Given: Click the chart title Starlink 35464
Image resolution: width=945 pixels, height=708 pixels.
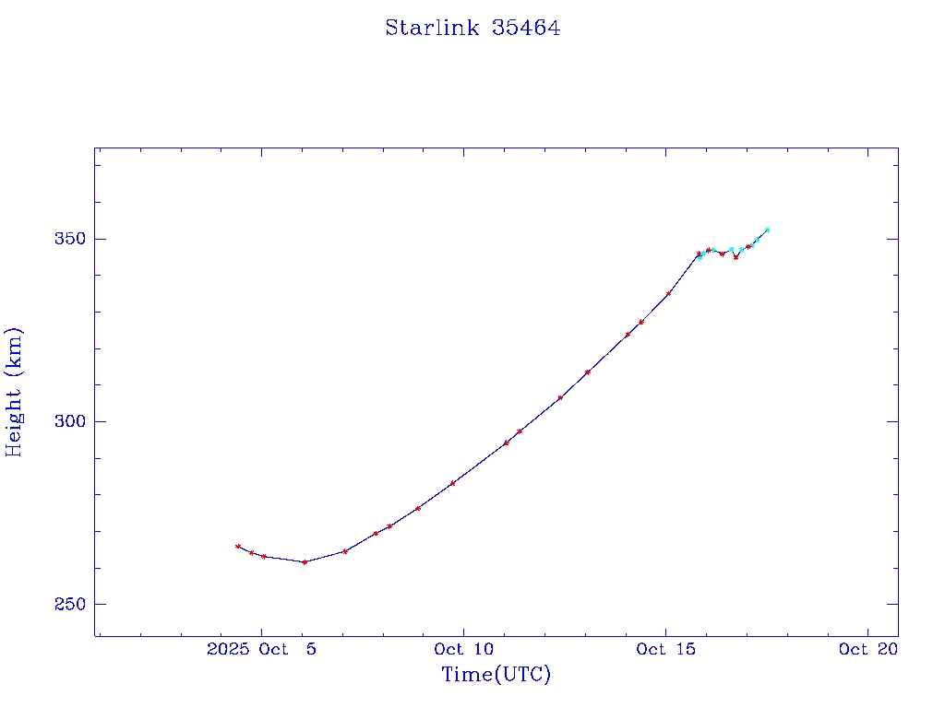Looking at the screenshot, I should click(472, 28).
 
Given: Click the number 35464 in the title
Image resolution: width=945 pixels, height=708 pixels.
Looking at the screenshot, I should click(526, 28).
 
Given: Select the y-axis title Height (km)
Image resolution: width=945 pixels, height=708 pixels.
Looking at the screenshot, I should click(15, 391).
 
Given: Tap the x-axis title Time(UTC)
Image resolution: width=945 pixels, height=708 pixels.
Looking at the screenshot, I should click(496, 675).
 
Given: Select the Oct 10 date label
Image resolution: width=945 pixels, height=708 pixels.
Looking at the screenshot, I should click(464, 649).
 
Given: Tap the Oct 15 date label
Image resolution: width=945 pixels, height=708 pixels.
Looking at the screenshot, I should click(665, 649).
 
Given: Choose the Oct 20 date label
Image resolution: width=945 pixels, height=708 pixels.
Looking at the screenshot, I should click(868, 649).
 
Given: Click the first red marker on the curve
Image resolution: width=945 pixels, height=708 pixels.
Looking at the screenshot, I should click(238, 547).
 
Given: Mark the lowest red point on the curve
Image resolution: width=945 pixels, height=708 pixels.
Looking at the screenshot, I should click(305, 561).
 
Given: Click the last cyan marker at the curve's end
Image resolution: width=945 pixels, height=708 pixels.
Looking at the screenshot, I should click(767, 230).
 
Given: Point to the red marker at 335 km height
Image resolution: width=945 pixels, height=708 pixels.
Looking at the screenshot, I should click(669, 293).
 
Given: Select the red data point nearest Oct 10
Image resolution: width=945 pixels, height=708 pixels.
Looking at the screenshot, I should click(452, 483).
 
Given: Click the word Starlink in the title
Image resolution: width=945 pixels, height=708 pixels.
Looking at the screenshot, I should click(432, 28).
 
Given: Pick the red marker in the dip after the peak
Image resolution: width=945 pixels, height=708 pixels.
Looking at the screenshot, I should click(736, 257).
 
